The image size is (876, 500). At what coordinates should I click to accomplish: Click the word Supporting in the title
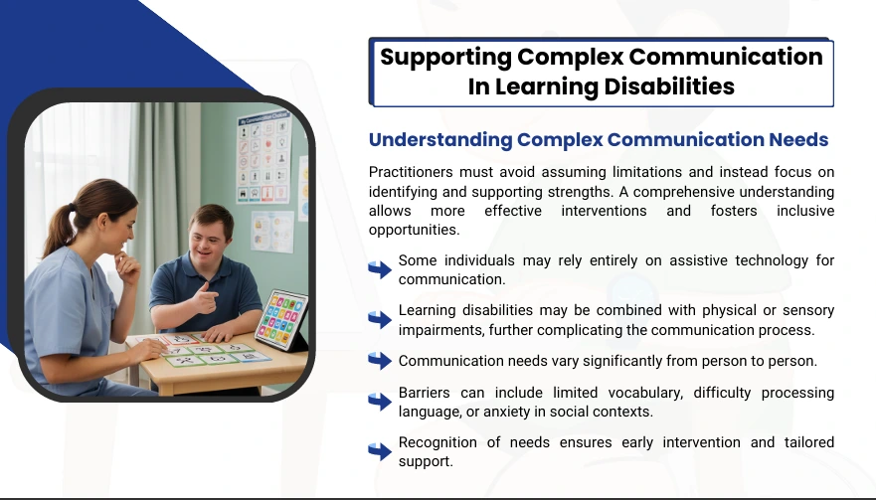pos(445,58)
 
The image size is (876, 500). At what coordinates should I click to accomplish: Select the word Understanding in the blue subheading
pos(440,140)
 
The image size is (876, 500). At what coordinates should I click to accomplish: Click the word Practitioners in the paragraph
pos(410,172)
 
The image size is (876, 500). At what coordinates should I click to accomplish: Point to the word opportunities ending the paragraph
pos(414,231)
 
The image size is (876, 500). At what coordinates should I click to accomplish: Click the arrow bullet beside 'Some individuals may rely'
pos(380,269)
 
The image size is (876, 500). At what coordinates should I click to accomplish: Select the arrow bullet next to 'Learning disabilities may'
pos(380,319)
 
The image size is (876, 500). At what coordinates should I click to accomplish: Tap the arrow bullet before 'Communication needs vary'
pos(380,361)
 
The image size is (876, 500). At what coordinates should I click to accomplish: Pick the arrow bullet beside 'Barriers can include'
pos(380,402)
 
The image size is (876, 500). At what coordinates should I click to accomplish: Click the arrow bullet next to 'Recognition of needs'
pos(380,451)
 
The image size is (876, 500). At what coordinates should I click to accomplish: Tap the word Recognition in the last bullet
pos(438,442)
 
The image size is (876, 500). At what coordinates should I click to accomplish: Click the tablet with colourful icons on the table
pos(282,320)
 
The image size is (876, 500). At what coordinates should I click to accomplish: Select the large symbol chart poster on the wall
pos(263,157)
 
